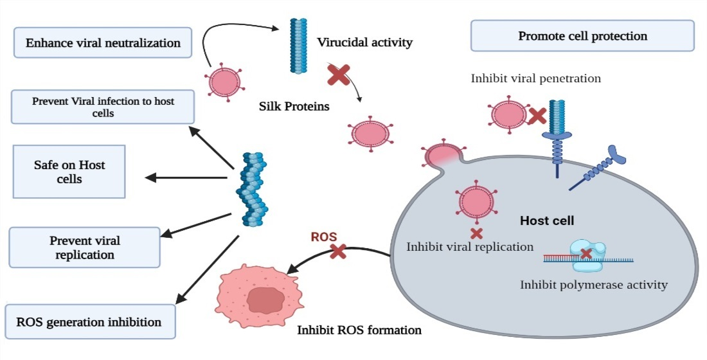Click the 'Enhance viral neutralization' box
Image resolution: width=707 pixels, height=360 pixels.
click(103, 44)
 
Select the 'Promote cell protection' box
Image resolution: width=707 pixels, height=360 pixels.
click(582, 36)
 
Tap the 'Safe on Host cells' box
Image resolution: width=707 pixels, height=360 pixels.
click(69, 172)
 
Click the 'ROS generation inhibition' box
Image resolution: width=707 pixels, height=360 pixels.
click(90, 321)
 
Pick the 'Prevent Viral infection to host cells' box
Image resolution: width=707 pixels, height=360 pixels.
click(103, 107)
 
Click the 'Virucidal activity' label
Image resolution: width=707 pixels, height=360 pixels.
click(364, 43)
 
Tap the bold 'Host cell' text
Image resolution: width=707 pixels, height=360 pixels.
click(546, 221)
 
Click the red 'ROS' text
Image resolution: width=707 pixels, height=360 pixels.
click(323, 236)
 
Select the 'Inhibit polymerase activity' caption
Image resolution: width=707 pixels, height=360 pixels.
click(594, 284)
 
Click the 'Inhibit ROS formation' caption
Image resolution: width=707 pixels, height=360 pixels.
click(359, 330)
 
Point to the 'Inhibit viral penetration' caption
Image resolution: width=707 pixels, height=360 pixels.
click(535, 78)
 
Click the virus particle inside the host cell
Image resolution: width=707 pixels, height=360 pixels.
click(477, 201)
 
